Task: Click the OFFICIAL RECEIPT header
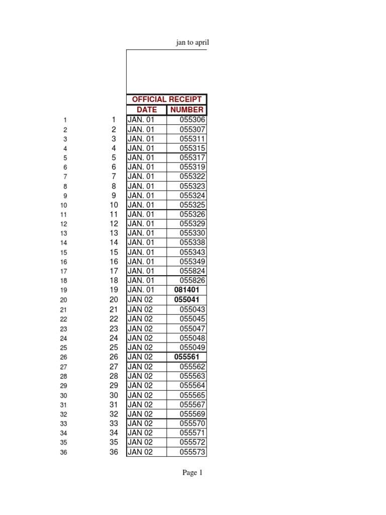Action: click(166, 100)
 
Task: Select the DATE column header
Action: click(147, 110)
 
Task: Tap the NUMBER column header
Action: click(186, 110)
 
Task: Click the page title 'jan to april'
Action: click(192, 43)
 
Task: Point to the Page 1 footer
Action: click(192, 473)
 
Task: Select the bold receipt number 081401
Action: click(186, 290)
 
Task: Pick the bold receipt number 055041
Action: click(186, 300)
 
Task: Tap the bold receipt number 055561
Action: click(186, 357)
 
